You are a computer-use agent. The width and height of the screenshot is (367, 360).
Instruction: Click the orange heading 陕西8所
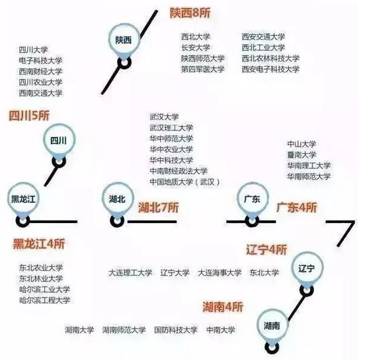(x=190, y=13)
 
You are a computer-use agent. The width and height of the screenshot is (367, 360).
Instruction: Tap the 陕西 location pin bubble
(x=124, y=40)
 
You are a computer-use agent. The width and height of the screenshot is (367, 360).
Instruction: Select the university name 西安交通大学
(x=263, y=37)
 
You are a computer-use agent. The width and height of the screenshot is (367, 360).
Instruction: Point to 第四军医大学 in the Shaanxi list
(x=203, y=69)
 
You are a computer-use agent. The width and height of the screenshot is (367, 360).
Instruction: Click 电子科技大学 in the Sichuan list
(x=41, y=61)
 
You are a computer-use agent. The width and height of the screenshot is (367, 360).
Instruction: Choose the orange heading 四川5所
(x=29, y=116)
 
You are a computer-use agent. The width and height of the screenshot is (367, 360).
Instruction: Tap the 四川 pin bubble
(x=59, y=140)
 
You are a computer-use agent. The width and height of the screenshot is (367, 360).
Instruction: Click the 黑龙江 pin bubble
(x=23, y=199)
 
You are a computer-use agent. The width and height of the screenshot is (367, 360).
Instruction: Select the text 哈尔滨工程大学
(x=45, y=301)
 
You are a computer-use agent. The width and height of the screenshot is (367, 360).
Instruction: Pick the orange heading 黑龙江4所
(x=39, y=244)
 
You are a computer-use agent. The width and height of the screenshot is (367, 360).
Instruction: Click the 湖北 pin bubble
(x=117, y=199)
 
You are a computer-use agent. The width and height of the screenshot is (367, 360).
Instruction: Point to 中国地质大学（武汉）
(x=185, y=182)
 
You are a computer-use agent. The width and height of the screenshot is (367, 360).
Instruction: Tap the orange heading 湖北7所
(x=158, y=208)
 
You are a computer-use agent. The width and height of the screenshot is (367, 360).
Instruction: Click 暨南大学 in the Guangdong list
(x=301, y=155)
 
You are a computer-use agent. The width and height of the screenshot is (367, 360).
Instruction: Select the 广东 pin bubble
(x=253, y=199)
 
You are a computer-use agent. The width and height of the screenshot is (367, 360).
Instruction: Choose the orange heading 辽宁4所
(x=267, y=250)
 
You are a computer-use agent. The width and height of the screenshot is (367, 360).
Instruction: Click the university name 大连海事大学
(x=219, y=273)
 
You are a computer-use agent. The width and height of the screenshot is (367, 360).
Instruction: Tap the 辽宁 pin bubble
(x=307, y=268)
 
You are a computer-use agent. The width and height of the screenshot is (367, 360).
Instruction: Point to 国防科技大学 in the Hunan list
(x=176, y=330)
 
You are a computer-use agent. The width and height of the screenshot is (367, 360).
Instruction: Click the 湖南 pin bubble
(x=272, y=325)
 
